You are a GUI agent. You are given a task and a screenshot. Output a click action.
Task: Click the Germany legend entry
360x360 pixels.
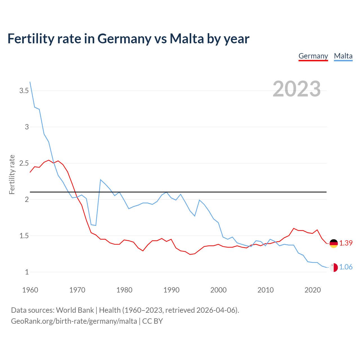(313, 56)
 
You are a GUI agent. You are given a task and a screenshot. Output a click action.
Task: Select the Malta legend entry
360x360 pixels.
(343, 56)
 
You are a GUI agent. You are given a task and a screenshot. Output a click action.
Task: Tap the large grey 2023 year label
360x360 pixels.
(296, 89)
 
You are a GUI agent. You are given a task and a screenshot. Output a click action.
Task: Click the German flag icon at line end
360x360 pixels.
(334, 243)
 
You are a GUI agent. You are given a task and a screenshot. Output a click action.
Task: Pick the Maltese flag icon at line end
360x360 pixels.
(334, 267)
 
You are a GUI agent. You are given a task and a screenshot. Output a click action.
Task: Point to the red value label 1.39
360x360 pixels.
(346, 243)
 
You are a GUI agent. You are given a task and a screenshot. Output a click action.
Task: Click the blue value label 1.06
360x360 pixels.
(346, 267)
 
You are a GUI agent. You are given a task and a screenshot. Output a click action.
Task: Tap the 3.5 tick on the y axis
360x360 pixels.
(24, 91)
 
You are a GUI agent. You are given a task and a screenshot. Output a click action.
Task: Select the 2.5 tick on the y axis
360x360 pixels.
(24, 163)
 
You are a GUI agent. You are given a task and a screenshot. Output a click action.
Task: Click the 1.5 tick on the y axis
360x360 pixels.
(24, 236)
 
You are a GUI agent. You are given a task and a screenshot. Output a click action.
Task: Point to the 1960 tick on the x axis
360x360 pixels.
(30, 290)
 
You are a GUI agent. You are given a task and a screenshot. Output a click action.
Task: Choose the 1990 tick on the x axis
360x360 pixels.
(171, 290)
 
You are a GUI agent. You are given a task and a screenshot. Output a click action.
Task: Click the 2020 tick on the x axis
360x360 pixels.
(312, 290)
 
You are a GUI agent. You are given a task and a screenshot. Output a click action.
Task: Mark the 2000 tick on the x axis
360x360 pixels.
(218, 290)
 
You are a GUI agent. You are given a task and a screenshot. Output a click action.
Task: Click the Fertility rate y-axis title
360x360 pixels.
(12, 174)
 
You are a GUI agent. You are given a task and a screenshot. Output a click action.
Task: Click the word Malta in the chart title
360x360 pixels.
(187, 39)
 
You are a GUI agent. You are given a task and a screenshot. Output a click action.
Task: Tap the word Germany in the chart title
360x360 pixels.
(124, 39)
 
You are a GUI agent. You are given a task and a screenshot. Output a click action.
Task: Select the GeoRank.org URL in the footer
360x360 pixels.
(74, 321)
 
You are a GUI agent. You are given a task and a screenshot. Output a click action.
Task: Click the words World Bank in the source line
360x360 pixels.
(75, 310)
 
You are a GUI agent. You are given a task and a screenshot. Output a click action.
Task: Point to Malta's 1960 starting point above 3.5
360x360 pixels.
(30, 82)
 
